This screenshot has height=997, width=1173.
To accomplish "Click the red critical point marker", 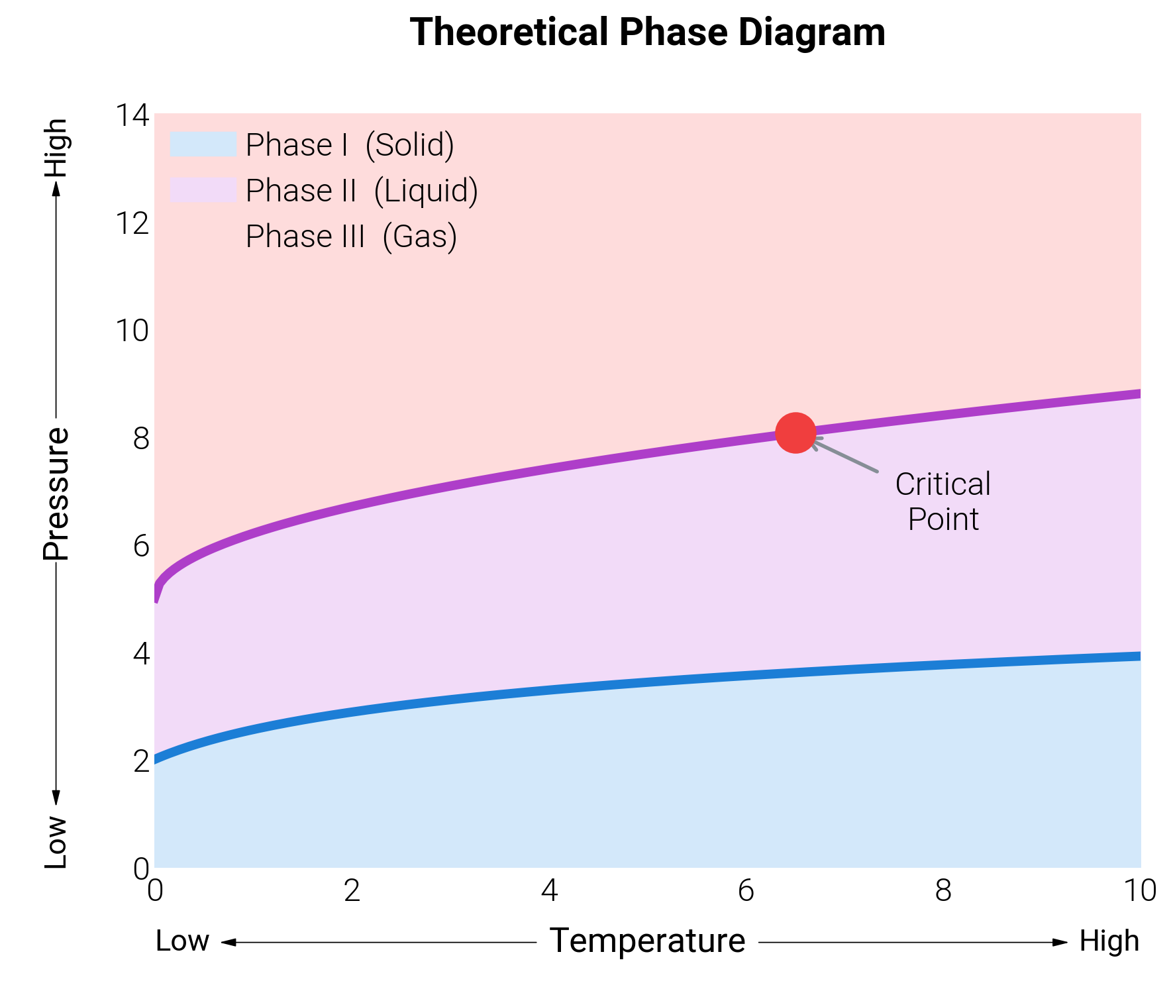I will (x=795, y=433).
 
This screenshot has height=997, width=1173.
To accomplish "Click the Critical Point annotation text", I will (x=943, y=501).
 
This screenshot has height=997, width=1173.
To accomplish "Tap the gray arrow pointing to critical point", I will (x=846, y=455).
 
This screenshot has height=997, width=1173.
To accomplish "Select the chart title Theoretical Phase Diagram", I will (x=647, y=32).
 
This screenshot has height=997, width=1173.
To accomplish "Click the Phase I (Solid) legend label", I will (x=350, y=144).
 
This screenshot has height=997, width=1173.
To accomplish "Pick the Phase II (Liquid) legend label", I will (x=362, y=190).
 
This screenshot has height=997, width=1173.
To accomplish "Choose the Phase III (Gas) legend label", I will (x=351, y=236).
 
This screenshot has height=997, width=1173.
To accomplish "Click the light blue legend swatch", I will (x=203, y=144).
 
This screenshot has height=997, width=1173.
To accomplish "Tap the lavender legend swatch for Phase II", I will (x=203, y=190).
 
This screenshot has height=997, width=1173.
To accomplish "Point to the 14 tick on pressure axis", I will (x=132, y=115).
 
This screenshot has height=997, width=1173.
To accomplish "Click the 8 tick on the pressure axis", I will (x=140, y=439).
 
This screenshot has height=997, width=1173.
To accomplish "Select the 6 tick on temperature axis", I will (x=746, y=891).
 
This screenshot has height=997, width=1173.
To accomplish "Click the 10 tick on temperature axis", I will (x=1140, y=891).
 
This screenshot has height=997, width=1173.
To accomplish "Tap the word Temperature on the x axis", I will (x=647, y=941).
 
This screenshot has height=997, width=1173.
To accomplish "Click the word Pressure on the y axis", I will (x=56, y=494).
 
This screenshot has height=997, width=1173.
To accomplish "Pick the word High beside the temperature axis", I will (x=1109, y=941).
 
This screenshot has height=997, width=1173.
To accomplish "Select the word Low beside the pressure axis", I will (x=56, y=842).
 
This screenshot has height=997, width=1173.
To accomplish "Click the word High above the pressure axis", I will (x=56, y=148).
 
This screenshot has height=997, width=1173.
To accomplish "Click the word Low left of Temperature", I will (x=182, y=941).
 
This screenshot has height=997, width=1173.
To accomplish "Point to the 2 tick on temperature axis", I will (x=352, y=891).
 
